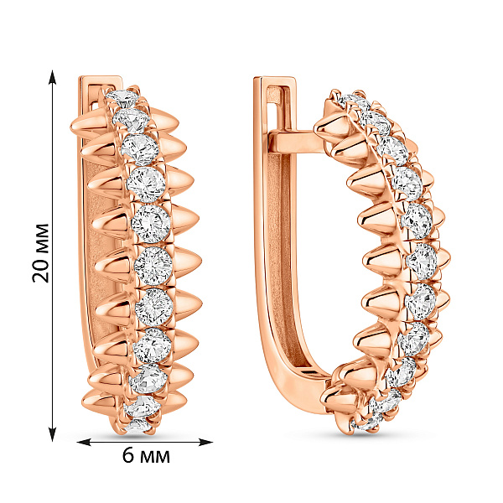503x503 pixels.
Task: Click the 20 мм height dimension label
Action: (x=41, y=253)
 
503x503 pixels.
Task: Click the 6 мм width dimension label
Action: (x=146, y=455)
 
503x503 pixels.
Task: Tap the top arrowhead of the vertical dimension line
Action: (x=52, y=77)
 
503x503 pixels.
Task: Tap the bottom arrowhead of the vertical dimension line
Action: (x=52, y=434)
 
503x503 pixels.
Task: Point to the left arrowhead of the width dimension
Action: (x=85, y=443)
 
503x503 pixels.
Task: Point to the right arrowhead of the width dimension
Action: (x=205, y=443)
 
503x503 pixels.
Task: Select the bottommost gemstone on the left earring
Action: (x=137, y=427)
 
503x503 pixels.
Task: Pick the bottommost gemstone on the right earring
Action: (x=366, y=424)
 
